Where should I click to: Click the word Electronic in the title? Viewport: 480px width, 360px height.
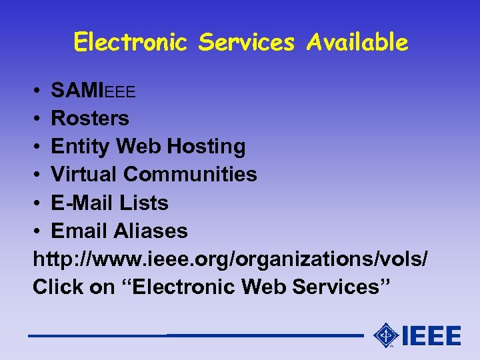coord(131,43)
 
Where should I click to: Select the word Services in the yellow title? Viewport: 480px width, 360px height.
coord(247,43)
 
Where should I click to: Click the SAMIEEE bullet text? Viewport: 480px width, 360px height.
coord(93,90)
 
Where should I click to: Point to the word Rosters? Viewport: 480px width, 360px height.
coord(90,118)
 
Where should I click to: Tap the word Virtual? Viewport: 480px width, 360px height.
coord(85,174)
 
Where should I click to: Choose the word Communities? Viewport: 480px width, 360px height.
coord(191,174)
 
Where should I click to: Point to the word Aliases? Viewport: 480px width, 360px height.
coord(151,231)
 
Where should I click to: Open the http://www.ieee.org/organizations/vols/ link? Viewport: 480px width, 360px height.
coord(230,259)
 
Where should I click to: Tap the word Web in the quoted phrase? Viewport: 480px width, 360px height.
coord(262,287)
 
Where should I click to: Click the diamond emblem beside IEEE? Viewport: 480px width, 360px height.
coord(386,335)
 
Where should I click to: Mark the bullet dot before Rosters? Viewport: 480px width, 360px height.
coord(37,119)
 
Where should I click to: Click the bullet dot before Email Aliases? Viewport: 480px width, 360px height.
coord(37,232)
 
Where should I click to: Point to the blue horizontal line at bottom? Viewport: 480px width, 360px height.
coord(193,335)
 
